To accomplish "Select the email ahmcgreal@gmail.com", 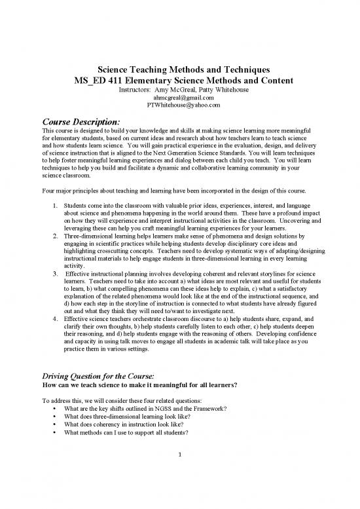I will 179,98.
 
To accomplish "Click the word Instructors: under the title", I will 135,90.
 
